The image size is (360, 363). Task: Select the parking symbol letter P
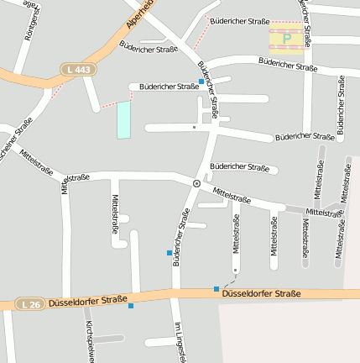pos(286,37)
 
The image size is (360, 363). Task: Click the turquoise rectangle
pos(124,119)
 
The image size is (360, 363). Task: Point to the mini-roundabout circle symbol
pos(196,182)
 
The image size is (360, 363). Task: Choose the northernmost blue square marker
pos(201,81)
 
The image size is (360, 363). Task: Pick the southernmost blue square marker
pos(131,305)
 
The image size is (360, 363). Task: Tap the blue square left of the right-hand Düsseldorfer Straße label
pos(217,289)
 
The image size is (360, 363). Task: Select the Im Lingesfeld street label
pos(178,343)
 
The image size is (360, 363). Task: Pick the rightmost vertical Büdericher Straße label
pos(341,105)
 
